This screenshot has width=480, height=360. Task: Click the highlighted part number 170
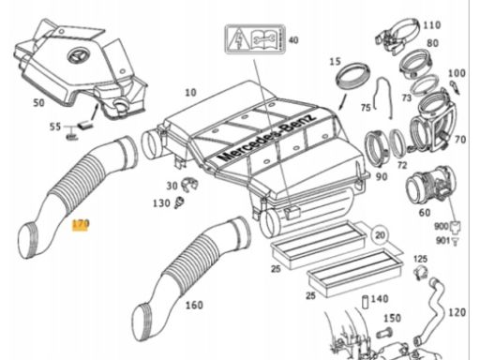coord(81,224)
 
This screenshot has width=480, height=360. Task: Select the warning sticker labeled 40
coord(255,39)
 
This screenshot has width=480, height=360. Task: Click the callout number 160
coord(194,305)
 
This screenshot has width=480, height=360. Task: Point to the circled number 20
coord(380,234)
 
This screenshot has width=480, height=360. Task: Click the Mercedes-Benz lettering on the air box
coord(268,138)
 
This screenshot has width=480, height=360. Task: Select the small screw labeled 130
coord(180,202)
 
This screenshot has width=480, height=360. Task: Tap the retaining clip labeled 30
coord(189,185)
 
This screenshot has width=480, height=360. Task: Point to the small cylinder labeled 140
coord(366,302)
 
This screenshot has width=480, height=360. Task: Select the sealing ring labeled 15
coord(352,77)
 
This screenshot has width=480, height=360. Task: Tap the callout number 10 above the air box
coord(190,93)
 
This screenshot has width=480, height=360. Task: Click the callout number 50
coord(38,102)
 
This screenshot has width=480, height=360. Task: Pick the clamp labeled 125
coord(421,273)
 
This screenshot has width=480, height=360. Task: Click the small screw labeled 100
coord(455,87)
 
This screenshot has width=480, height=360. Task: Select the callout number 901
coord(443,241)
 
